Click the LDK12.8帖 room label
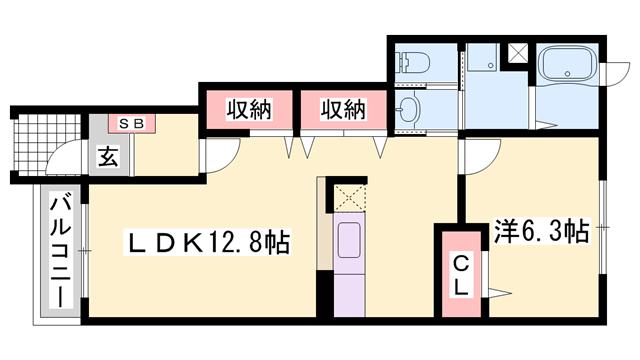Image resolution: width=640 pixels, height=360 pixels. point(207,242)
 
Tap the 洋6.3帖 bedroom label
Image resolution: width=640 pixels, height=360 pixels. point(542,231)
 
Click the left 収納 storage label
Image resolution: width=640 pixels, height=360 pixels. point(249,109)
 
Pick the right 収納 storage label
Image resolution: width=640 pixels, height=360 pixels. point(343,109)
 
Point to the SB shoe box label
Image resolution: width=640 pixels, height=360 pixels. point(132,123)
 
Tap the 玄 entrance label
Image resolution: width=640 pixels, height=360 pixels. point(108,157)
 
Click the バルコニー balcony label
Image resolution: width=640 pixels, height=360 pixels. point(60,251)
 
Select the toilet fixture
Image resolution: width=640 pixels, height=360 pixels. point(413,63)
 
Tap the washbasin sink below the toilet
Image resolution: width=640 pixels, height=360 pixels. point(408,109)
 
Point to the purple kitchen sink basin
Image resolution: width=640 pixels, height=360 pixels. point(349,240)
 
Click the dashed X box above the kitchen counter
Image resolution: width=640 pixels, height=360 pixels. point(350,198)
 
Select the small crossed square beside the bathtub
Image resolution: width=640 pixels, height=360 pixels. point(517,53)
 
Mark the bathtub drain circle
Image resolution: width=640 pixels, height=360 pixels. point(567,73)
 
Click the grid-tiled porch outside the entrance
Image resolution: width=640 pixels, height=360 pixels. point(48,143)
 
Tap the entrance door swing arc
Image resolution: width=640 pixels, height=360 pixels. point(58,151)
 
